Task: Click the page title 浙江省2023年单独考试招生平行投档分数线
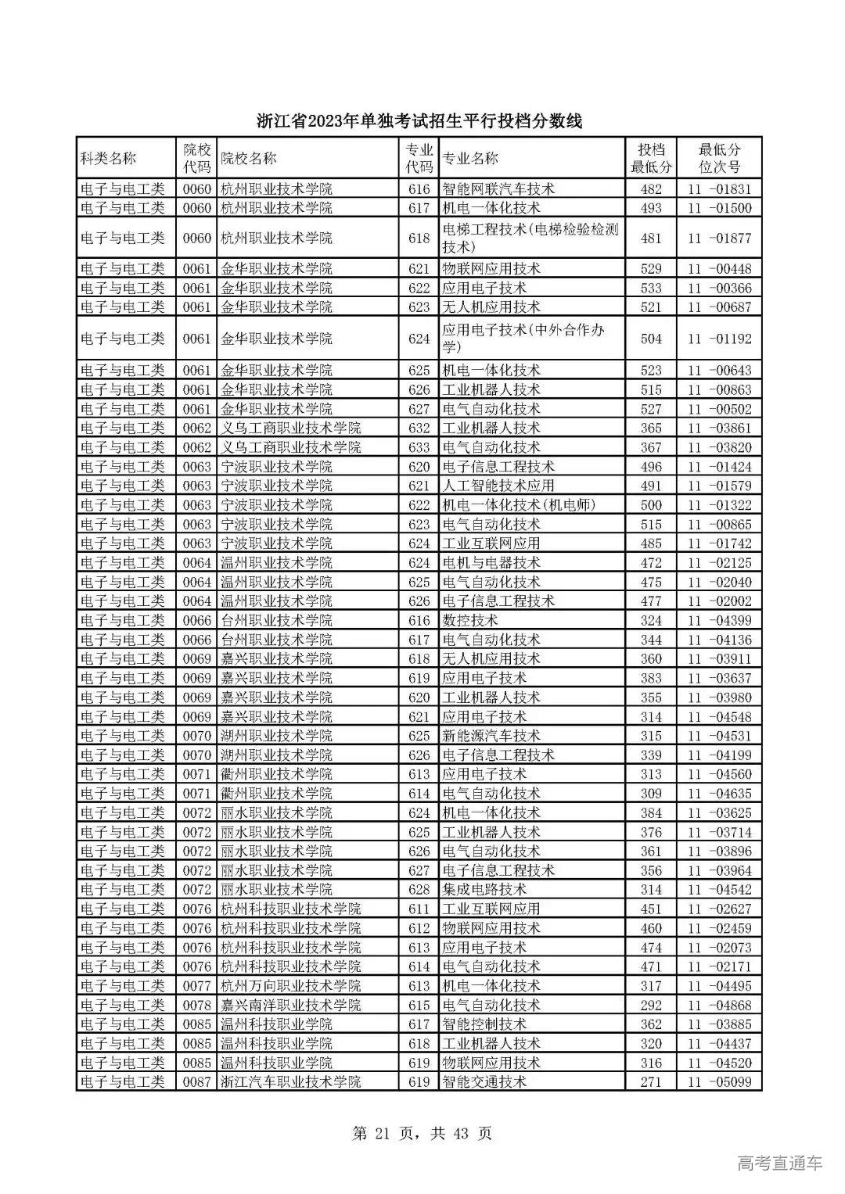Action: [420, 121]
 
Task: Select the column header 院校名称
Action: [248, 159]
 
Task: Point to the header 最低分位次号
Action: [718, 159]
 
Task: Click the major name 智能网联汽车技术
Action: [498, 189]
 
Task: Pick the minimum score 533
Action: [650, 289]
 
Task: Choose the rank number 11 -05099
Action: [718, 1082]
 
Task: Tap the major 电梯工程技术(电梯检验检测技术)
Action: [530, 238]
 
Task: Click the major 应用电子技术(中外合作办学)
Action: [523, 339]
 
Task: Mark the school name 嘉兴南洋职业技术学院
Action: [290, 1006]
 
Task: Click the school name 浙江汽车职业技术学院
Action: [290, 1082]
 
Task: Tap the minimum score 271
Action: [650, 1082]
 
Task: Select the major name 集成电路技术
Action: [484, 890]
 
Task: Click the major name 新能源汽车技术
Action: [491, 736]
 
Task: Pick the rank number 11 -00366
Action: [718, 289]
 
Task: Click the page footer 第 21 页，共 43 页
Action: [422, 1133]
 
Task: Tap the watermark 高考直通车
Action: [779, 1163]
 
